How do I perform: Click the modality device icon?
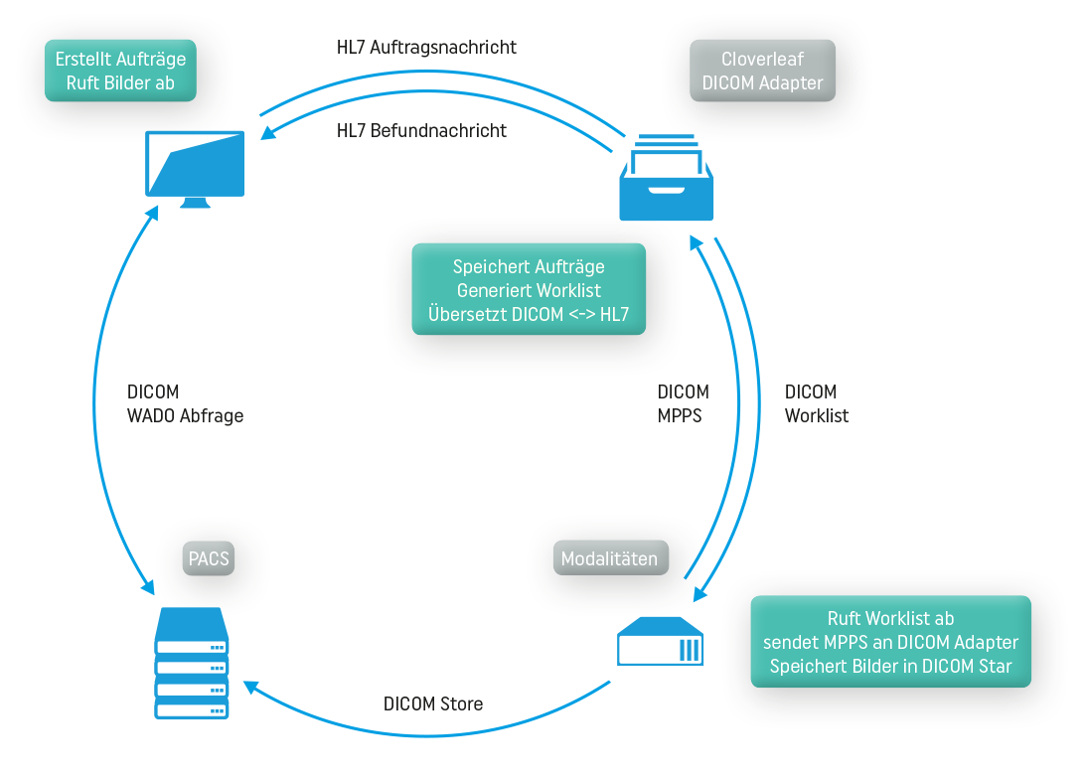click(x=661, y=641)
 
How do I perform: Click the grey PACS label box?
click(x=209, y=558)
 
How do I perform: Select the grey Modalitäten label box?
click(x=609, y=558)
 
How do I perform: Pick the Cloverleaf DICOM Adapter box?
click(x=762, y=71)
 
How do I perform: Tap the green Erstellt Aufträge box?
click(x=120, y=71)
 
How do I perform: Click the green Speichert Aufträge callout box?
click(x=529, y=289)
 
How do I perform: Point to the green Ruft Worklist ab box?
click(x=890, y=642)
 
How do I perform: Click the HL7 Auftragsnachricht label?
click(x=426, y=47)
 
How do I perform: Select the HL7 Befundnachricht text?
click(x=421, y=130)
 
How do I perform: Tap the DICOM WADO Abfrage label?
click(x=185, y=404)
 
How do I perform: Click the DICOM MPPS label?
click(x=683, y=404)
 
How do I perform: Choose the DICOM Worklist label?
click(x=817, y=404)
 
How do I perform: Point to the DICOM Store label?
click(x=433, y=703)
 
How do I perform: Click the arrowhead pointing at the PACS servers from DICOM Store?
click(x=251, y=687)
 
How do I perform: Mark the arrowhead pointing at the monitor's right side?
click(x=265, y=134)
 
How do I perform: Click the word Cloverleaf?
click(x=762, y=59)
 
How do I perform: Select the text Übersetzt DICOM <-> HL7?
click(x=529, y=315)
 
